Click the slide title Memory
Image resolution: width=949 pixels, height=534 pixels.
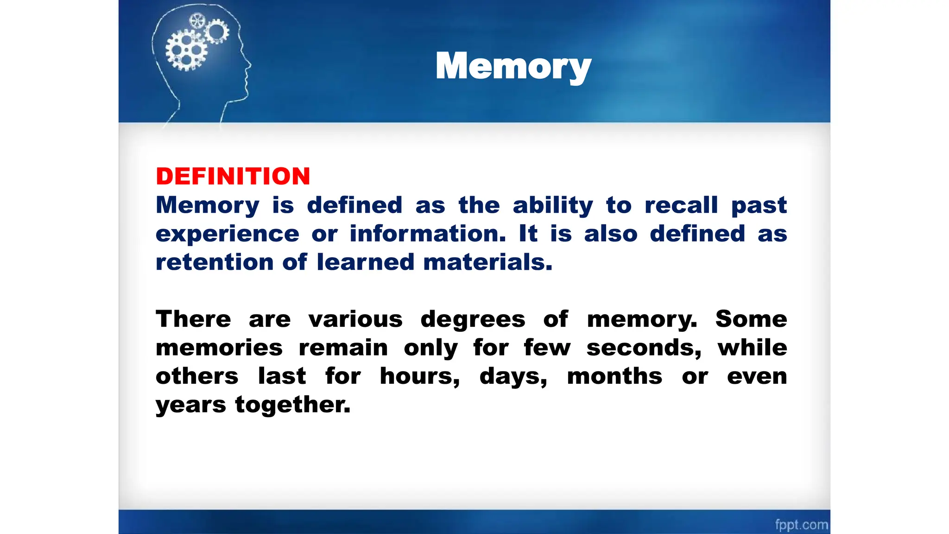[x=513, y=66]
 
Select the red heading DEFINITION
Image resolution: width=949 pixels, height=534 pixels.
[x=233, y=177]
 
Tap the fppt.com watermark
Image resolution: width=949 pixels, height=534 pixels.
[x=801, y=524]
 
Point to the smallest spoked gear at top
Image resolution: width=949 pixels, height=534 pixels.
[x=197, y=20]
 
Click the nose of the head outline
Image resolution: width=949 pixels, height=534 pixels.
[x=249, y=65]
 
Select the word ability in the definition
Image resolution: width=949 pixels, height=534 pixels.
[x=552, y=205]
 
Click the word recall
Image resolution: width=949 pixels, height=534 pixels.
[x=681, y=205]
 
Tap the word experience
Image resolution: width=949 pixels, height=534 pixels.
[x=227, y=234]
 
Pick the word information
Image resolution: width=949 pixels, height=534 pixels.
[x=427, y=234]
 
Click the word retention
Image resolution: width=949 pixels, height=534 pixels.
[x=215, y=262]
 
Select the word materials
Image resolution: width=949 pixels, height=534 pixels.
[x=487, y=262]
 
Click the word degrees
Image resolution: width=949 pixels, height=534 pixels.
[x=473, y=320]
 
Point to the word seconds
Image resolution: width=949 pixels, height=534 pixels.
[x=644, y=348]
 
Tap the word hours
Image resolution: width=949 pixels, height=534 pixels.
[x=419, y=376]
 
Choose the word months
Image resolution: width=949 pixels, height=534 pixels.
[x=614, y=376]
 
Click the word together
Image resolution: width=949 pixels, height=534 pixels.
[x=292, y=405]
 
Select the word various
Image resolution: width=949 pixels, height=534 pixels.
[x=355, y=319]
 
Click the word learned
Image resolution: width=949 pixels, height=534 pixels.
[x=365, y=262]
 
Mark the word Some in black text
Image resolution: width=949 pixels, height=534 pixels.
[x=751, y=319]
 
